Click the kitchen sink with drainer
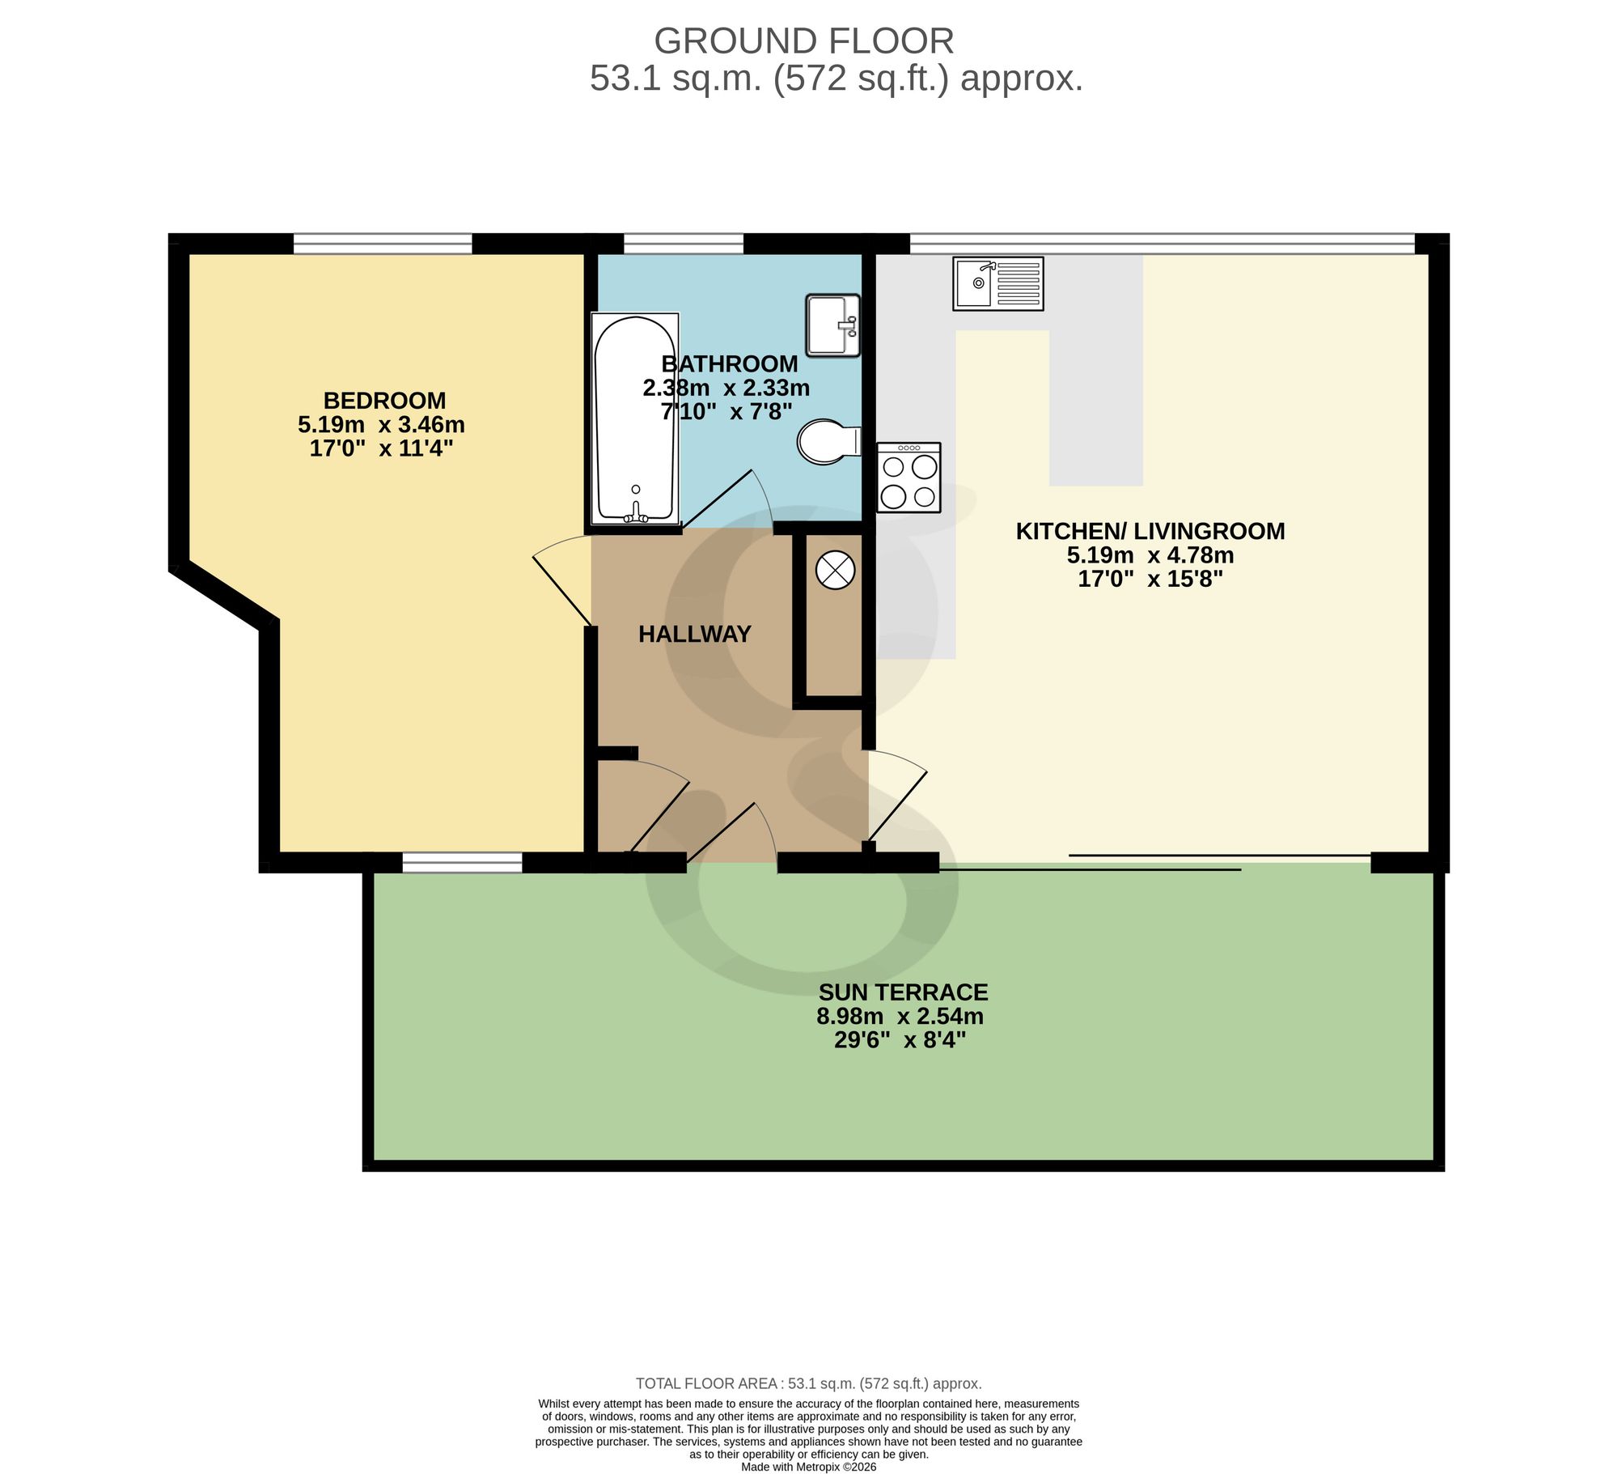click(997, 283)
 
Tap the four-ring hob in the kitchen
click(909, 478)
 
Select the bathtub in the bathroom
click(635, 419)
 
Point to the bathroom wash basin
click(833, 325)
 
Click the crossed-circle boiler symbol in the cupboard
click(835, 570)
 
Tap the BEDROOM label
click(384, 401)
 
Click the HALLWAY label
click(695, 634)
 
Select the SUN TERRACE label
click(903, 992)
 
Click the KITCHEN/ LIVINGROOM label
click(1150, 531)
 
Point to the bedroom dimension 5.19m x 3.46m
click(382, 424)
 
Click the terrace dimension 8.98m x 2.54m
click(900, 1016)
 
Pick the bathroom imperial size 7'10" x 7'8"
click(726, 412)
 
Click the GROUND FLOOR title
click(804, 41)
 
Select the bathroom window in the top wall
click(684, 243)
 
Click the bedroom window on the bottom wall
click(463, 863)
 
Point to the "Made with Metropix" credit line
click(808, 1467)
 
